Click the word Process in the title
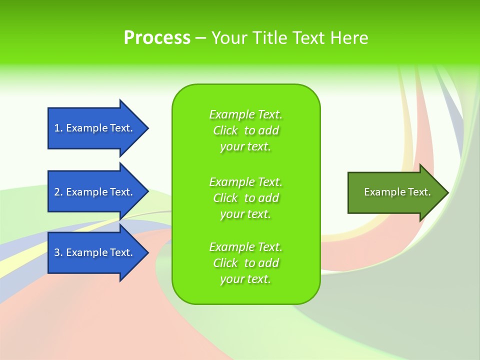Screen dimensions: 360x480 pyautogui.click(x=157, y=38)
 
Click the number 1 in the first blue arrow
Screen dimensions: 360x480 pyautogui.click(x=57, y=128)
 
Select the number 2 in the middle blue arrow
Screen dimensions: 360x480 pyautogui.click(x=57, y=192)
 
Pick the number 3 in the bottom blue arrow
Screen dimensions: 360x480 pyautogui.click(x=57, y=252)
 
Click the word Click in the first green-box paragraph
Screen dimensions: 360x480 pyautogui.click(x=225, y=130)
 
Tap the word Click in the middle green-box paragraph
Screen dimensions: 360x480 pyautogui.click(x=225, y=198)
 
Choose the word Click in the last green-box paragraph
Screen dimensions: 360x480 pyautogui.click(x=225, y=263)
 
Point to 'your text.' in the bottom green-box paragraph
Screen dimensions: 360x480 pyautogui.click(x=245, y=279)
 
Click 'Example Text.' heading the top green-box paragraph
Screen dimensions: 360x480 pyautogui.click(x=245, y=114)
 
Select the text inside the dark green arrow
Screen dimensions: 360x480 pyautogui.click(x=397, y=192)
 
